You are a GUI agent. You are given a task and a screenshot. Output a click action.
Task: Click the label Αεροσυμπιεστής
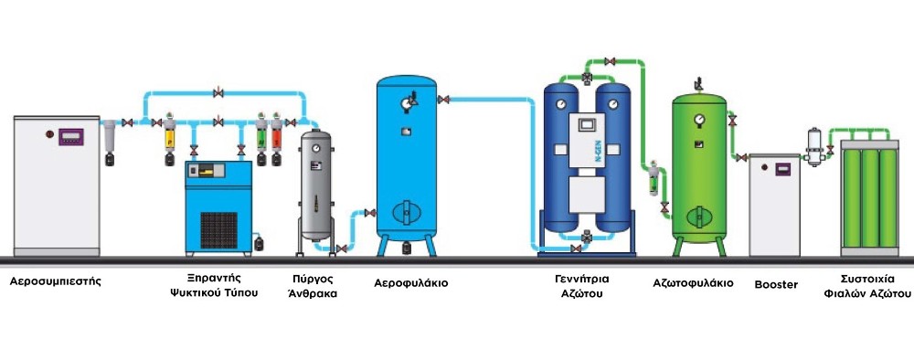pos(56,281)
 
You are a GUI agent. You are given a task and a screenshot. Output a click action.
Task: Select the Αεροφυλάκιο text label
pos(411,283)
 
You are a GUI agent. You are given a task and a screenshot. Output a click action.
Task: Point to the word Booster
pos(776,285)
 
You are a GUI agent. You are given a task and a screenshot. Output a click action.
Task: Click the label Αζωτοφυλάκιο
pos(693,283)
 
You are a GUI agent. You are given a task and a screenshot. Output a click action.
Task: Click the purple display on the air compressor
pos(71,137)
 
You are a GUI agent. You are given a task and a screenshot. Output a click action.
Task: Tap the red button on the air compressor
pos(50,134)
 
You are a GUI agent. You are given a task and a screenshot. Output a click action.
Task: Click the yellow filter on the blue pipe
pos(170,139)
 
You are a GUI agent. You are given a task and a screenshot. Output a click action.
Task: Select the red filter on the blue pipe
pos(276,139)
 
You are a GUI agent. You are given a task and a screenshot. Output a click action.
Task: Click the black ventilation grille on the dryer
pos(218,230)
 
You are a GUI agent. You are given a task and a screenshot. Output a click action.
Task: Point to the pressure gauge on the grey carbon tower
pos(315,148)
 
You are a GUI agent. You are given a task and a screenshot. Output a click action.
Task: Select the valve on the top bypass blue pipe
pos(218,92)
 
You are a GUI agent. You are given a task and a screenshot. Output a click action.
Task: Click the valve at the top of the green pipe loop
pos(610,61)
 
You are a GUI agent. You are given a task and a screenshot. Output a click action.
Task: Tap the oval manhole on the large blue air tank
pos(407,212)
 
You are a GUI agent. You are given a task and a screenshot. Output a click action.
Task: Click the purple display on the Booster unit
pos(782,169)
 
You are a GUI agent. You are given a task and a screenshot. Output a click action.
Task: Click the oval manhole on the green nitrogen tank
pos(699,217)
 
